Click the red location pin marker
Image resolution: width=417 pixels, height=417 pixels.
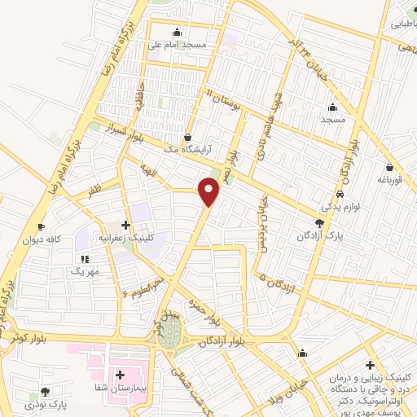click(x=209, y=191)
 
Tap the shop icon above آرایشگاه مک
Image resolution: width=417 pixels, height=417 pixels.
click(x=189, y=138)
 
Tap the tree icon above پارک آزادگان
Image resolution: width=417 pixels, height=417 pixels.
click(x=319, y=222)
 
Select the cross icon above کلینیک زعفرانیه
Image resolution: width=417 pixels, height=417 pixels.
click(x=125, y=225)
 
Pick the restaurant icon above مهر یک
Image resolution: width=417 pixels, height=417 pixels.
click(x=85, y=257)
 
